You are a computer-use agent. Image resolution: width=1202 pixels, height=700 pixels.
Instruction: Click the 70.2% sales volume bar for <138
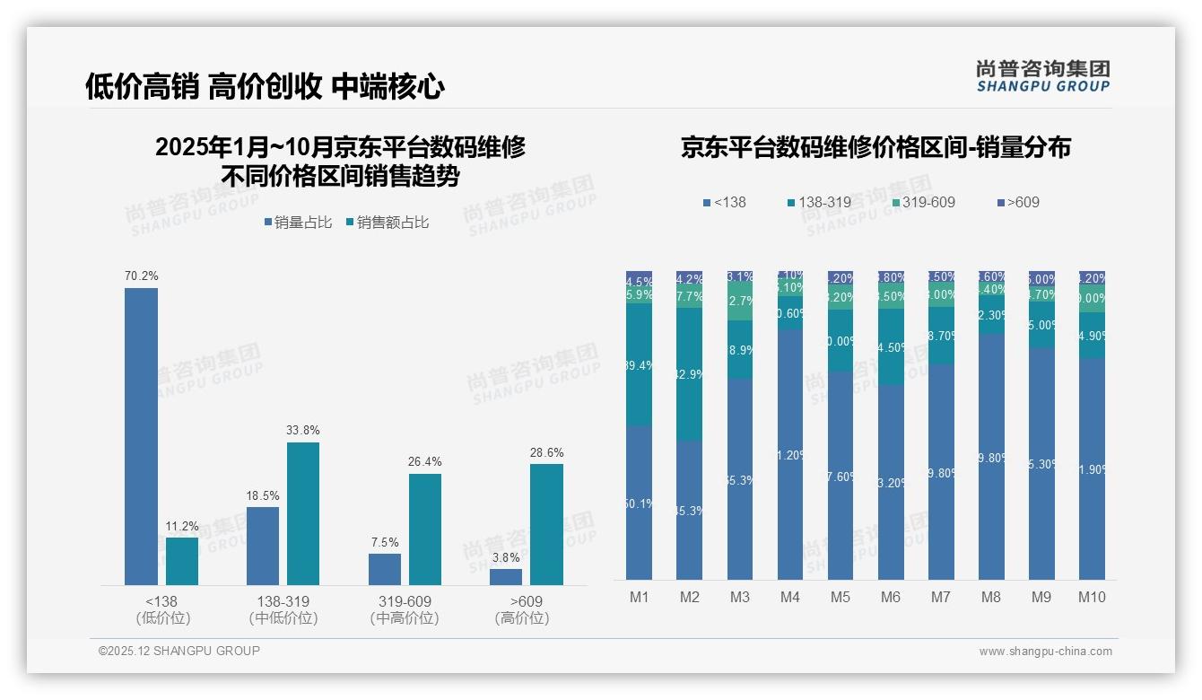[141, 436]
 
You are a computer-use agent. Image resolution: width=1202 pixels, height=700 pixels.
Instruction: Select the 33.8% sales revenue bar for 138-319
[303, 513]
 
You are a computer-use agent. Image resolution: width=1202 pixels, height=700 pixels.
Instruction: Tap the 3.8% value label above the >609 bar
[506, 557]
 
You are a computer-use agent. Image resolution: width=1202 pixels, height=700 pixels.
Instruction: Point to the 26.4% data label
[425, 462]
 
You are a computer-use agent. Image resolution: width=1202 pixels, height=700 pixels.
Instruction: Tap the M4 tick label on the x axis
[789, 598]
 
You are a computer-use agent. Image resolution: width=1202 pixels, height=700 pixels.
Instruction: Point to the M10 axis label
[1092, 598]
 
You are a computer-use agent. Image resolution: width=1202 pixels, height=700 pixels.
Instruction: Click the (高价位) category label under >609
[521, 618]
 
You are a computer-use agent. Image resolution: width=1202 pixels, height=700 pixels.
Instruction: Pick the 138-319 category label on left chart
[283, 601]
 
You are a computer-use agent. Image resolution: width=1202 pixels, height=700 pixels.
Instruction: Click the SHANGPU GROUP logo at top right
[1042, 76]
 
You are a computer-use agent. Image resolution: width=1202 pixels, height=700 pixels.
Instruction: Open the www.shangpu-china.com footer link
[1045, 652]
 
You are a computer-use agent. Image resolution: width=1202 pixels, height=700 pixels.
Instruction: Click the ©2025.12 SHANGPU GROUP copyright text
[179, 652]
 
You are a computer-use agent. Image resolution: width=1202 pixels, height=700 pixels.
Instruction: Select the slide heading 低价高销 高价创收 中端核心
[265, 86]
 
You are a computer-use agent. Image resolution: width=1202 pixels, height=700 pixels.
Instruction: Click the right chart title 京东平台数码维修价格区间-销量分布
[875, 148]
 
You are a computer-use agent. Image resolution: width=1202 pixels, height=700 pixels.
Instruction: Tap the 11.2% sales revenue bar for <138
[182, 561]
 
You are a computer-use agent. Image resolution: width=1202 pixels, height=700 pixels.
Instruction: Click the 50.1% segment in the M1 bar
[639, 503]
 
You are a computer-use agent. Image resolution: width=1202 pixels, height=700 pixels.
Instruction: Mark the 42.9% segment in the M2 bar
[689, 374]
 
